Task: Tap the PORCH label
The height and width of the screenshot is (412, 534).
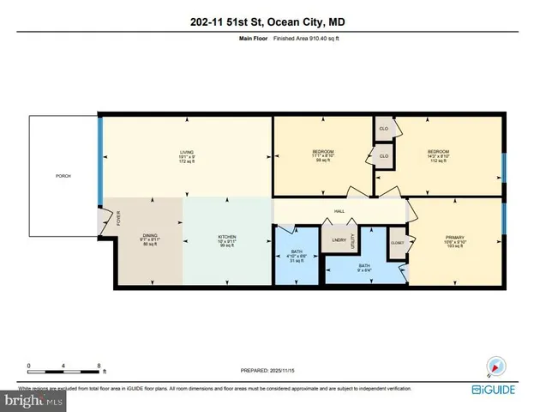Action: click(x=63, y=176)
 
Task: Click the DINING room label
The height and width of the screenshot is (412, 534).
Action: click(x=150, y=237)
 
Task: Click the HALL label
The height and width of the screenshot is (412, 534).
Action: click(x=339, y=210)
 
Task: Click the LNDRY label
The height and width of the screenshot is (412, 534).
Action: click(x=337, y=239)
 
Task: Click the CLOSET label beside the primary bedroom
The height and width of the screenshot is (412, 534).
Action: click(x=397, y=243)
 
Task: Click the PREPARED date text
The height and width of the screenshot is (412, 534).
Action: click(x=266, y=371)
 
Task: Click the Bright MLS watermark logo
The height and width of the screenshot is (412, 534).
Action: click(x=32, y=400)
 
